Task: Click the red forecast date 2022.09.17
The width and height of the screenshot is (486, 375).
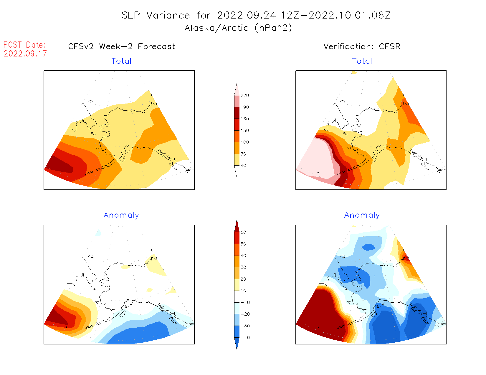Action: tap(25, 54)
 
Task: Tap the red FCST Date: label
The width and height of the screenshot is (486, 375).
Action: tap(24, 45)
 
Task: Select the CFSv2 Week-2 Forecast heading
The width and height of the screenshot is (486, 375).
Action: tap(122, 46)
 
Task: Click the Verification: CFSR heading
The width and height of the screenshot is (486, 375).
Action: tap(362, 46)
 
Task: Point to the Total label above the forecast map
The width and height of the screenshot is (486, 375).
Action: tap(121, 61)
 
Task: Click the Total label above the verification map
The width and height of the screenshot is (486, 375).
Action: tap(362, 61)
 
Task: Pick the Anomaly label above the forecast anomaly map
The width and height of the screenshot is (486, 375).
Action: tap(121, 215)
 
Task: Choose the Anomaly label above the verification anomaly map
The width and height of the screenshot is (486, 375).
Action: tap(362, 215)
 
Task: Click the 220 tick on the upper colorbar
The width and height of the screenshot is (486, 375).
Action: tap(244, 96)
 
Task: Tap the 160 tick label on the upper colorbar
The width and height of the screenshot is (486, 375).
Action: tap(244, 119)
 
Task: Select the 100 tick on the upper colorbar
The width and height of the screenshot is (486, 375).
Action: tap(244, 142)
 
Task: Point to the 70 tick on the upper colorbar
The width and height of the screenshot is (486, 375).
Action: tap(243, 154)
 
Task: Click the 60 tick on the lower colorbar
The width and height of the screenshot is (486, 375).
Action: tap(243, 232)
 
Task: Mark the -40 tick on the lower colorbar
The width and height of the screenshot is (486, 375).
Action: tap(245, 338)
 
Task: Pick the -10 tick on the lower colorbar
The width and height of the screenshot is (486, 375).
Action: tap(245, 302)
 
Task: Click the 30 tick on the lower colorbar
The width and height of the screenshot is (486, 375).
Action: tap(243, 267)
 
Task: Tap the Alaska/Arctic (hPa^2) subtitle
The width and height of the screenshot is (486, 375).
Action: tap(238, 28)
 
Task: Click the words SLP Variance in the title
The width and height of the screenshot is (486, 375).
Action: tap(156, 15)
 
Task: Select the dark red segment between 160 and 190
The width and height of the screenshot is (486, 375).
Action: tap(237, 113)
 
